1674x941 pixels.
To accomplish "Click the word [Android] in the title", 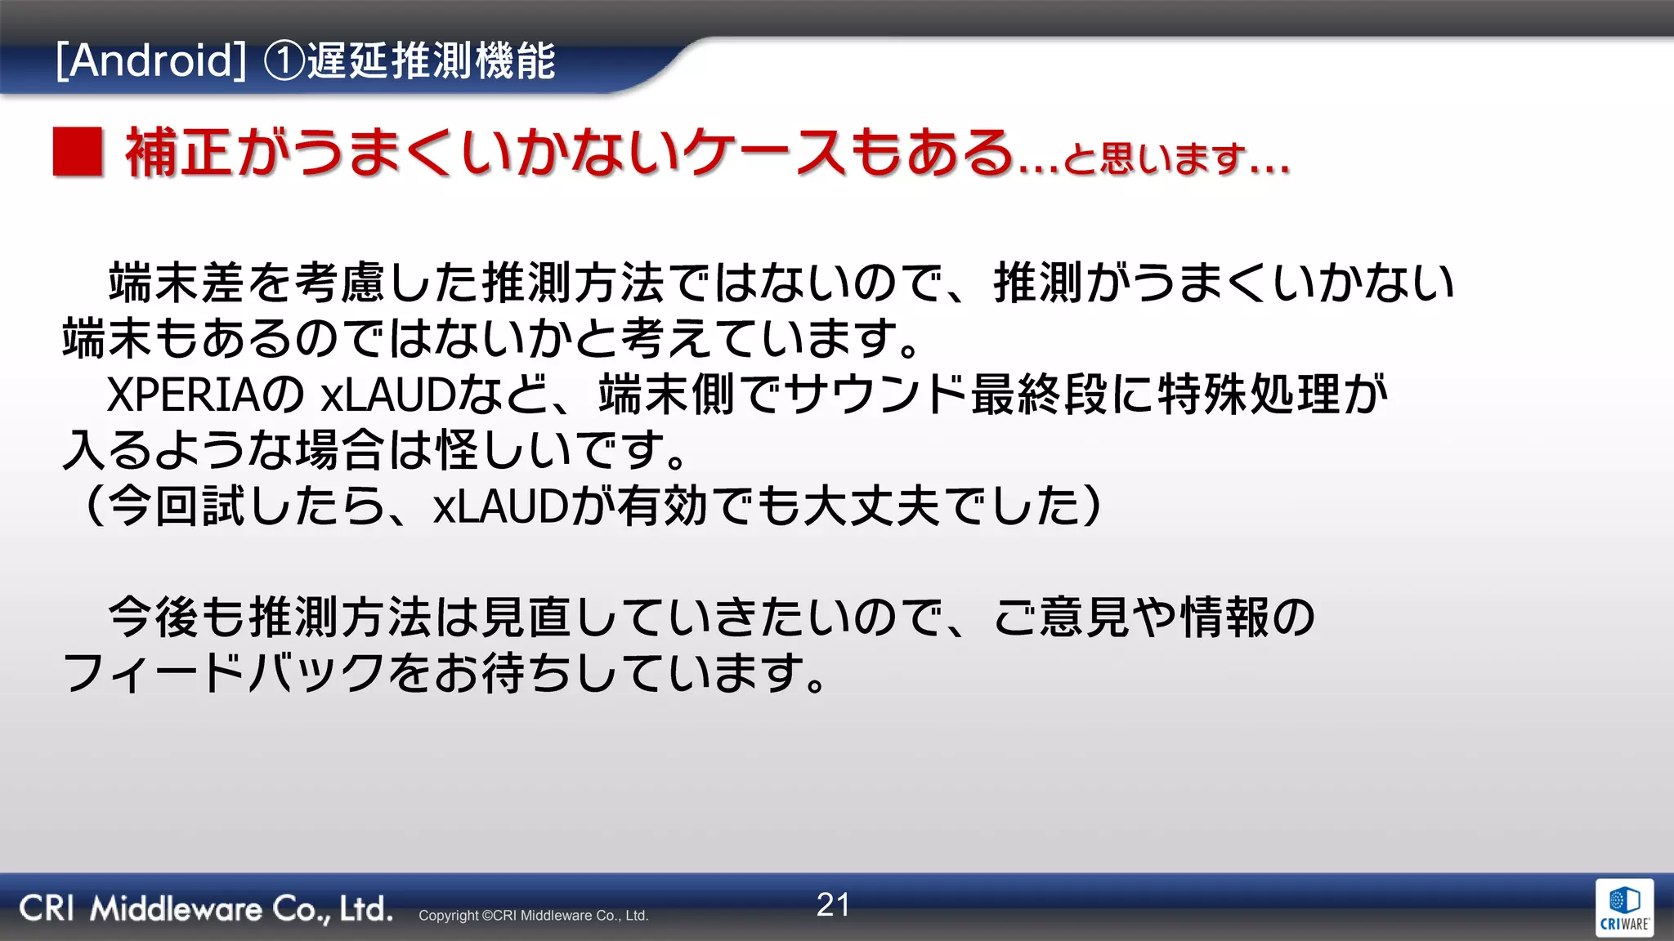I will [x=151, y=61].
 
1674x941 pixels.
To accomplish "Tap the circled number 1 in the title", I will [x=284, y=61].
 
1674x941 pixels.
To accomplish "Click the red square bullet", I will [x=78, y=152].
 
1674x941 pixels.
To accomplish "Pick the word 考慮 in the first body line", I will [x=340, y=283].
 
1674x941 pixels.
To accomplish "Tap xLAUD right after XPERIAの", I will [x=387, y=395].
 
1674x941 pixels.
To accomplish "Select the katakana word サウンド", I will [x=875, y=395].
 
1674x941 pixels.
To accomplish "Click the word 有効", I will [x=663, y=506].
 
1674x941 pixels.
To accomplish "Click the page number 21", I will [x=833, y=905].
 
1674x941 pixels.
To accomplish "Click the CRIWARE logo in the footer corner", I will [x=1624, y=908].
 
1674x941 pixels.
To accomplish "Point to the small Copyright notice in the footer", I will [x=533, y=916].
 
